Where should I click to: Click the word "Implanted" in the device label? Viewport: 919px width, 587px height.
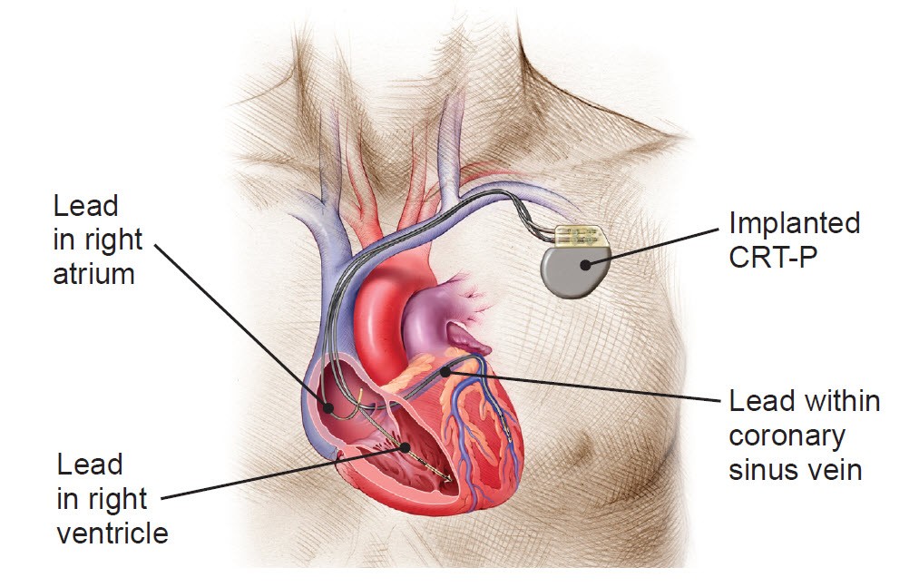tap(794, 223)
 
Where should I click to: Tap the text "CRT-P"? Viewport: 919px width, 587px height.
tap(772, 256)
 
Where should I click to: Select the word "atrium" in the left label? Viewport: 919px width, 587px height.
tap(93, 274)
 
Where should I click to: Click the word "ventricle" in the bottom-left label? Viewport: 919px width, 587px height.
tap(112, 533)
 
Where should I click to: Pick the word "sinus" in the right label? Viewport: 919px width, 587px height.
tap(764, 470)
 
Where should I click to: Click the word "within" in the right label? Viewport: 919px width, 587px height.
tap(842, 402)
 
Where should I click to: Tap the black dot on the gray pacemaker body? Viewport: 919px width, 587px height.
tap(585, 265)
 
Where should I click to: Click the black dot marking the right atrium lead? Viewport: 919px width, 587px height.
tap(328, 407)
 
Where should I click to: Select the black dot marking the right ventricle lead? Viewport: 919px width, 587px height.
tap(405, 447)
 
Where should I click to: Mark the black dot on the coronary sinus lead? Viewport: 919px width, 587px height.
tap(445, 371)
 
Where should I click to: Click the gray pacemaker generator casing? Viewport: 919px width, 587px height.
tap(574, 271)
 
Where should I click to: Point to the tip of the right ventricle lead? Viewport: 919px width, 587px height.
tap(450, 481)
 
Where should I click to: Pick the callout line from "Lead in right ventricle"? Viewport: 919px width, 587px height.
tap(283, 473)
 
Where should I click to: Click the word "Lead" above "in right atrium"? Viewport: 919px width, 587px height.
tap(85, 207)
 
